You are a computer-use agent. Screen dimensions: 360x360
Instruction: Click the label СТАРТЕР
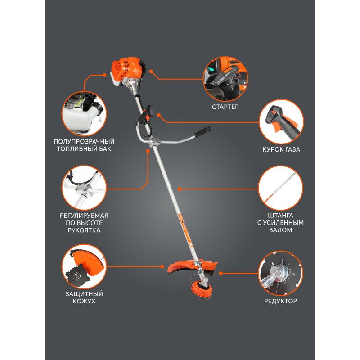[225, 107]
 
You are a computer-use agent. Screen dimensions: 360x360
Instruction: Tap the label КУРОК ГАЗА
[281, 149]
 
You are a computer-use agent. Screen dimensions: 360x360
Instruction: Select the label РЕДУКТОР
[280, 301]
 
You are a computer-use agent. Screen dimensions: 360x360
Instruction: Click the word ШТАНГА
[280, 216]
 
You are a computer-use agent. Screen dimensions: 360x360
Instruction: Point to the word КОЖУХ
[84, 301]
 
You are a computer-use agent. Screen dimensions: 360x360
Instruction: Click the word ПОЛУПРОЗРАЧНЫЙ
[84, 141]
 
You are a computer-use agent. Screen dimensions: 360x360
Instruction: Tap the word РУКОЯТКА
[84, 230]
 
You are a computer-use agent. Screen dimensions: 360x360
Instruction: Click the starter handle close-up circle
[225, 79]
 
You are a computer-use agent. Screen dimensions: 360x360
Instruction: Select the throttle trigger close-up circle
[281, 121]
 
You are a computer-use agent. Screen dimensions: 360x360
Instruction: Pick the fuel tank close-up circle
[84, 114]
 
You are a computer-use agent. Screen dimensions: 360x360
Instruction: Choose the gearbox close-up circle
[280, 273]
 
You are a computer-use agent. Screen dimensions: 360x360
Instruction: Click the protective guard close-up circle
[84, 266]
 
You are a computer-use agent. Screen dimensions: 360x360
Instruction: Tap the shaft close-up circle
[280, 188]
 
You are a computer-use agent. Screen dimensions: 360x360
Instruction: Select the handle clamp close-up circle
[84, 188]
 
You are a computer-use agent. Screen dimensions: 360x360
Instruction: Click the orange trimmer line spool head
[201, 290]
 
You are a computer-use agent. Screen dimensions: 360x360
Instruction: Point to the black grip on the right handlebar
[202, 132]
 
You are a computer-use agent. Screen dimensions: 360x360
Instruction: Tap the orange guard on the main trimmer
[192, 266]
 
